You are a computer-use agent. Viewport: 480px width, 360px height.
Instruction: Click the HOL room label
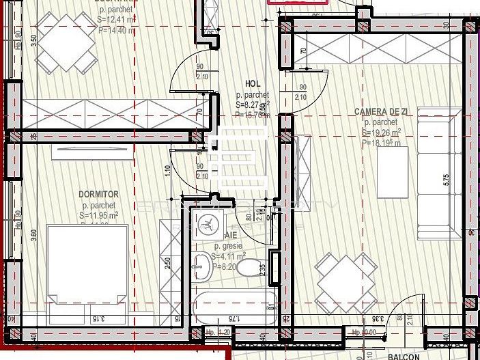pos(252,83)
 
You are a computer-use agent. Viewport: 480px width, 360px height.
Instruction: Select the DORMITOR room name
pos(99,194)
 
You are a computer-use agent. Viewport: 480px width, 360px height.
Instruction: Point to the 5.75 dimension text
pos(446,179)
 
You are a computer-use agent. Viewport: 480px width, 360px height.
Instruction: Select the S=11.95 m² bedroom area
pos(98,215)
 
